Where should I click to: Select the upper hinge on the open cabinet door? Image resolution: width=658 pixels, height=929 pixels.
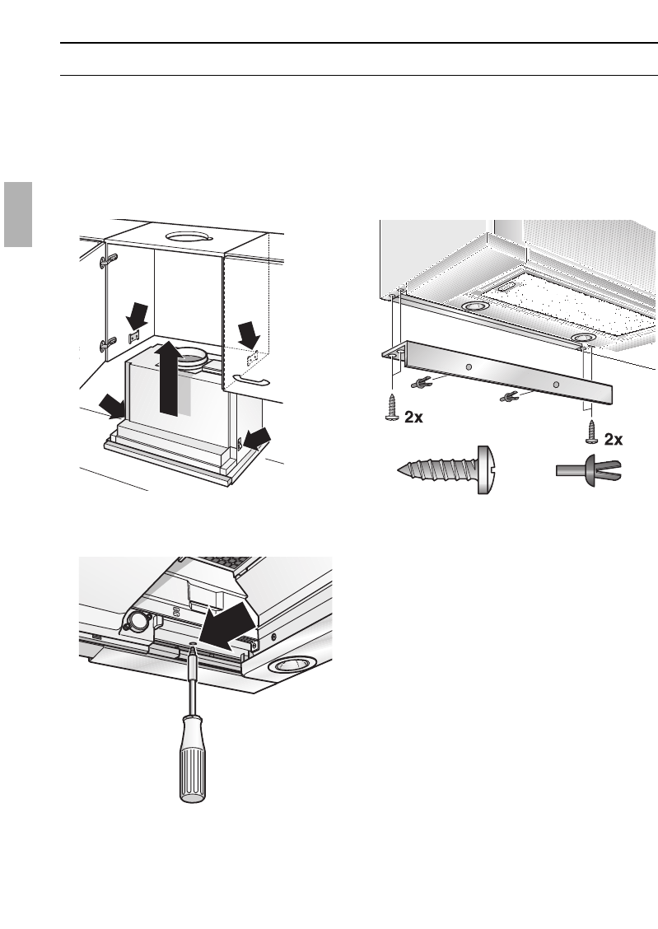[x=107, y=261]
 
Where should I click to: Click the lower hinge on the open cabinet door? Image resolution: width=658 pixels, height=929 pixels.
[x=107, y=346]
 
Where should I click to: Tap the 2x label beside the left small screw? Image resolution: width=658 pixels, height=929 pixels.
[x=414, y=418]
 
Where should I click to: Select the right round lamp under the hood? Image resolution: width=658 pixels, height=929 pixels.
[x=582, y=338]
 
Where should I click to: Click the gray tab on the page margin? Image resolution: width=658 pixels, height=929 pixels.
[x=16, y=215]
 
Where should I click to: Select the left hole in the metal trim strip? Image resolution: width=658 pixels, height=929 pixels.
[x=467, y=365]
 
